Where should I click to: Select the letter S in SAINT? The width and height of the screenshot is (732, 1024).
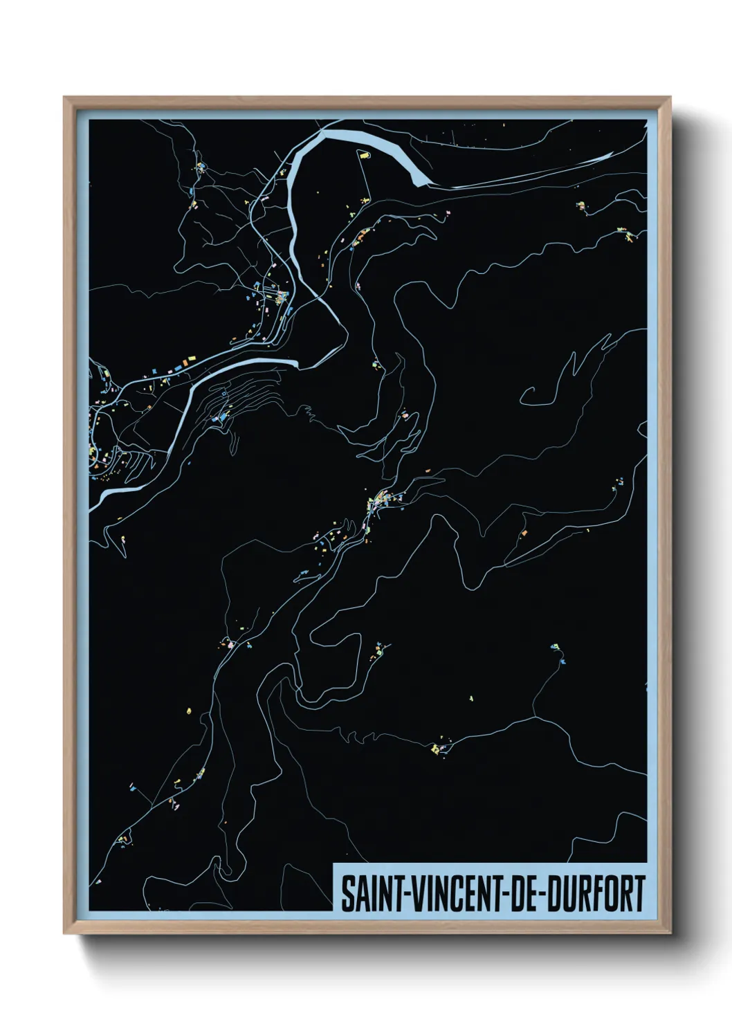click(345, 894)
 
